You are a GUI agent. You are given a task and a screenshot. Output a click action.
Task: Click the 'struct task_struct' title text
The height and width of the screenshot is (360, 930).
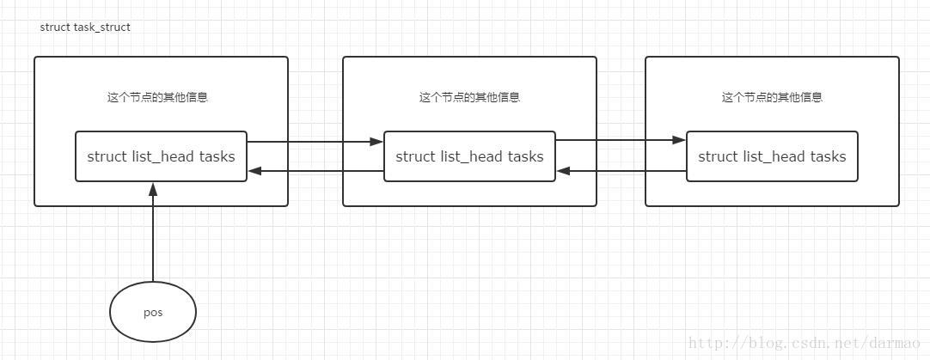[85, 27]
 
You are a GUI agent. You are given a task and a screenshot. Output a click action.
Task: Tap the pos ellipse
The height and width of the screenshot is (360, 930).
[153, 312]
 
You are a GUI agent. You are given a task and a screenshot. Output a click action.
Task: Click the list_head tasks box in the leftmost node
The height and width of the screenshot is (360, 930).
[161, 156]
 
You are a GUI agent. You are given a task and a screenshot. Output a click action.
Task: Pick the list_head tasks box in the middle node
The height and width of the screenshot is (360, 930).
[469, 156]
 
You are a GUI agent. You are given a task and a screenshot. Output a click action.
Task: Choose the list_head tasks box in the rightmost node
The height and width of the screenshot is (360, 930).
[772, 156]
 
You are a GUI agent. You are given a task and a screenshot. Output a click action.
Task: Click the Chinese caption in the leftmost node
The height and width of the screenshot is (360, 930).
[157, 97]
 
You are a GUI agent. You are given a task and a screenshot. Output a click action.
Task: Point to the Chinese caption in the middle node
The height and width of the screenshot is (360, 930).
[469, 97]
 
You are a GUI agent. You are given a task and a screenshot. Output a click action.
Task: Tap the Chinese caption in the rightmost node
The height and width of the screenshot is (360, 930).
[772, 97]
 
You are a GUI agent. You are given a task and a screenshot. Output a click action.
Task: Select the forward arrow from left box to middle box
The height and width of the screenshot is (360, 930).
[315, 142]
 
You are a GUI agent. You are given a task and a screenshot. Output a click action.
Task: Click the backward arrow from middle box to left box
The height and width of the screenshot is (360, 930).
[315, 171]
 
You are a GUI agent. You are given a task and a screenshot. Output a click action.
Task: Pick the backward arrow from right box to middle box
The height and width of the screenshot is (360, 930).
[621, 171]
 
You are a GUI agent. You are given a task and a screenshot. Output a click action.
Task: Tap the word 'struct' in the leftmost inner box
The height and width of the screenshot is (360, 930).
[107, 156]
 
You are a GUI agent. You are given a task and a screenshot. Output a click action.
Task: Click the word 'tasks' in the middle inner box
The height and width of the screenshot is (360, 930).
[525, 156]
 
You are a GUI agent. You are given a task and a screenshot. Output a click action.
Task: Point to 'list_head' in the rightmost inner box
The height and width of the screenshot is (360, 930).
[773, 156]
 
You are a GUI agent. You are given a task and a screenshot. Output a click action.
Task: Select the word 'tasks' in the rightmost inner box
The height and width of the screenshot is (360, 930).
[828, 156]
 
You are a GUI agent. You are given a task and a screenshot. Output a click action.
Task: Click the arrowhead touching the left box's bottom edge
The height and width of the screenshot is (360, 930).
[153, 188]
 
